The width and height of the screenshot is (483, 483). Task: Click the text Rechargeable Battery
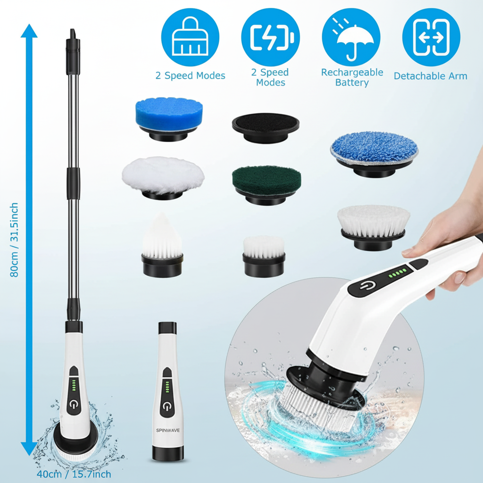tap(352, 77)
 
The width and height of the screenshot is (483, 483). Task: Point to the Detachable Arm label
tap(430, 76)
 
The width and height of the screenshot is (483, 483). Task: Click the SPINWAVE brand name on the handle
tap(168, 430)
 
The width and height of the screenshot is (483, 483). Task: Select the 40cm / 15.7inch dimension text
tap(74, 474)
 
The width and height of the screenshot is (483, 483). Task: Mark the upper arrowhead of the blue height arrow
tap(29, 32)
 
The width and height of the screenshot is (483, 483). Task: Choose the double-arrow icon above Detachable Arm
tap(431, 37)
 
